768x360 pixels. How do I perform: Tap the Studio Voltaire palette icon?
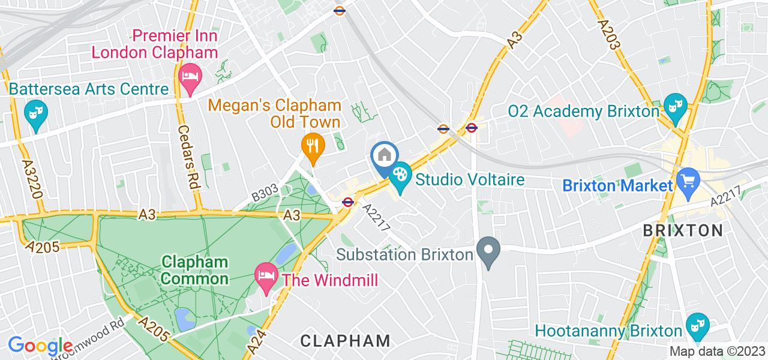tap(399, 178)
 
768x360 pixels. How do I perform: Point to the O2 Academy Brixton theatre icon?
tap(676, 106)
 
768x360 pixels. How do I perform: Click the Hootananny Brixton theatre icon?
tap(698, 325)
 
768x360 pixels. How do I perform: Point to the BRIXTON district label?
tap(683, 230)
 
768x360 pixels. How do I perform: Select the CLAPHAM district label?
tap(345, 341)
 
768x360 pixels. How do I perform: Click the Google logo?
tap(41, 346)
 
